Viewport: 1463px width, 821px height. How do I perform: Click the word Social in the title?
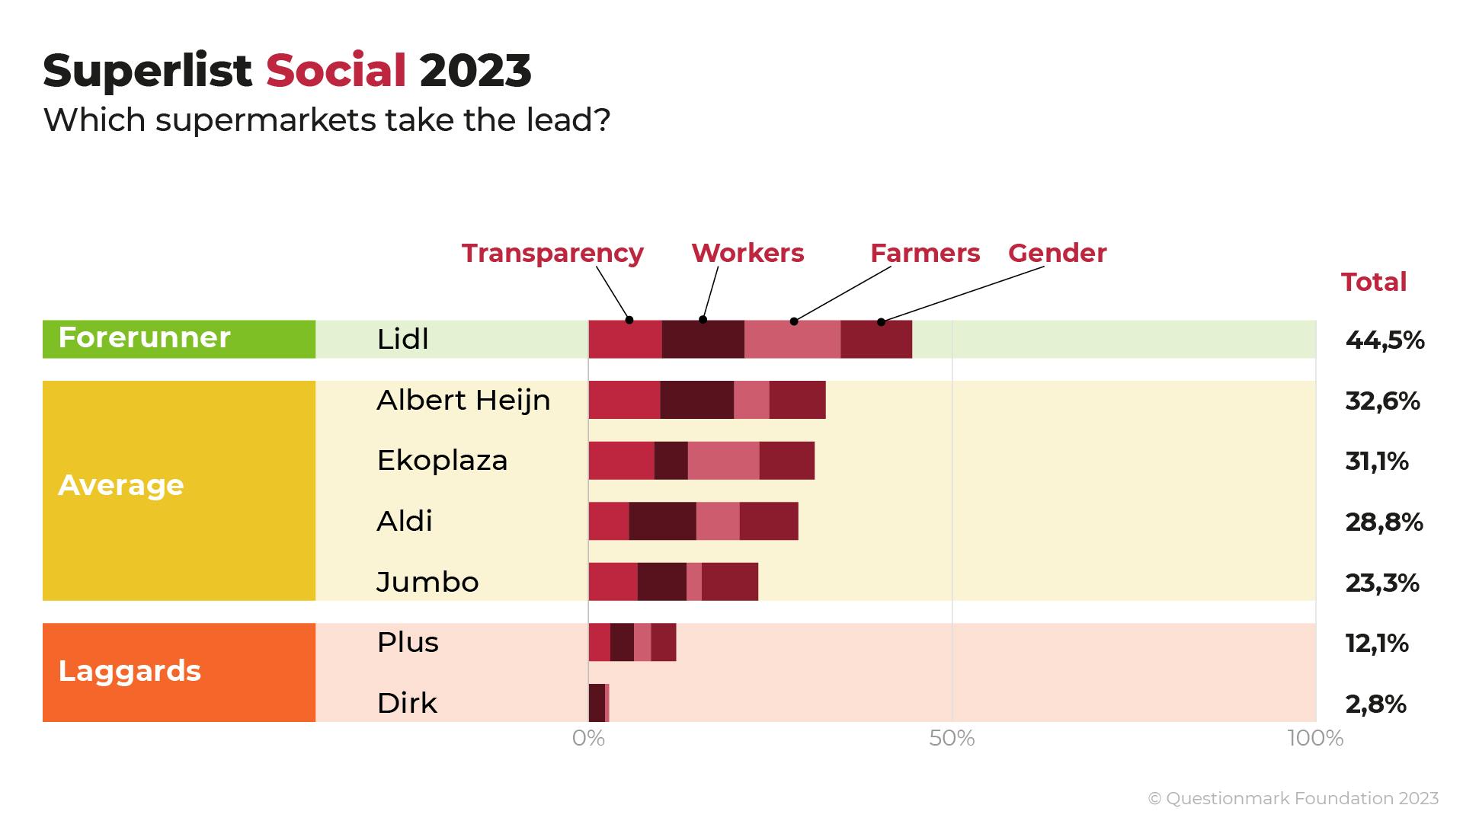(x=335, y=71)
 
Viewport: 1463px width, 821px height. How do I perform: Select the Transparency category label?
(x=552, y=253)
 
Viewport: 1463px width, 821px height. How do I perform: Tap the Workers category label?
(x=748, y=253)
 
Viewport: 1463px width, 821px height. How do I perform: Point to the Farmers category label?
(x=924, y=253)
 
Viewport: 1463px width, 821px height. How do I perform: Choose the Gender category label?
(x=1057, y=253)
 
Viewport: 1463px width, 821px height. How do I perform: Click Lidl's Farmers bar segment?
(x=792, y=339)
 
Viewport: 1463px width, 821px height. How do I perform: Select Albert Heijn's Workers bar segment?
(x=696, y=400)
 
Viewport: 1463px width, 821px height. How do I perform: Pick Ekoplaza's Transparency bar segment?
(x=621, y=460)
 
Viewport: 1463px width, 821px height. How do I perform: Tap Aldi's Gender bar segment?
(x=768, y=521)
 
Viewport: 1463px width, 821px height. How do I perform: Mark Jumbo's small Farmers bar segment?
(x=694, y=582)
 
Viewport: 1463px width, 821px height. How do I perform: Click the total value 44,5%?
(x=1385, y=340)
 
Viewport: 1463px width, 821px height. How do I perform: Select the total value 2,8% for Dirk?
(x=1375, y=704)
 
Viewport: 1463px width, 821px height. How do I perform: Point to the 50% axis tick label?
(x=952, y=738)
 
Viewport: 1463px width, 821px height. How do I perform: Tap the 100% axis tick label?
(x=1315, y=738)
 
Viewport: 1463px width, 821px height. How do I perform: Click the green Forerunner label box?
(x=179, y=339)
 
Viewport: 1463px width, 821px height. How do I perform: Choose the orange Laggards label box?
(x=179, y=672)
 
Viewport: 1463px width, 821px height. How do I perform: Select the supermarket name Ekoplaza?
(x=442, y=460)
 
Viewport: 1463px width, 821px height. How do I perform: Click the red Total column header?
(x=1373, y=282)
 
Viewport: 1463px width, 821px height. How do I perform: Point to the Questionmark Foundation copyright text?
(x=1293, y=798)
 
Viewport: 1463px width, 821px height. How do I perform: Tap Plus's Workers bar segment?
(x=622, y=642)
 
